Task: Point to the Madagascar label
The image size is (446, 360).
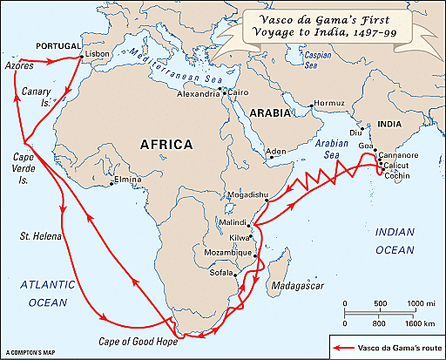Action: click(295, 286)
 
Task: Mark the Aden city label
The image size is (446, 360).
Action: click(275, 152)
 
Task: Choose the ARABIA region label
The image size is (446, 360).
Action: click(268, 113)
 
